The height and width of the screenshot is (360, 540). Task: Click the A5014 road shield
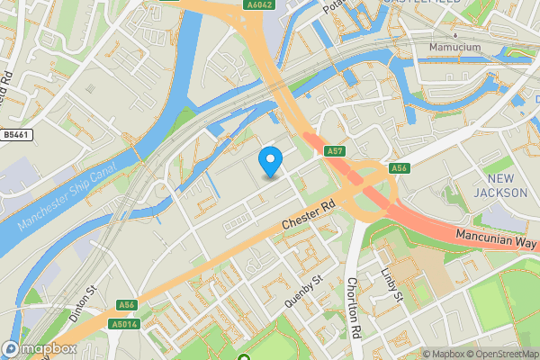pyautogui.click(x=124, y=323)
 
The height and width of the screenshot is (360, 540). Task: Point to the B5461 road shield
pyautogui.click(x=13, y=134)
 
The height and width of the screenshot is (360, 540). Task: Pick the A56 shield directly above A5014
pyautogui.click(x=128, y=305)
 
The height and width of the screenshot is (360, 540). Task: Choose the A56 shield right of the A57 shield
pyautogui.click(x=400, y=168)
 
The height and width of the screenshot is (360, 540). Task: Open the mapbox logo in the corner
pyautogui.click(x=40, y=347)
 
